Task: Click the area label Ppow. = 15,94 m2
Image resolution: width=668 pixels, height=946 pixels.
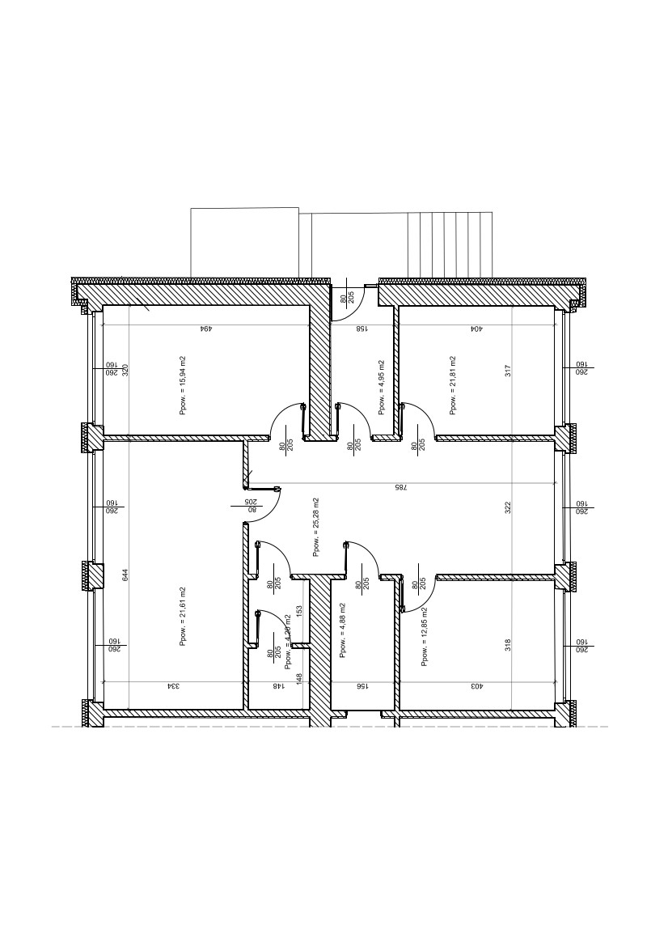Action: point(184,385)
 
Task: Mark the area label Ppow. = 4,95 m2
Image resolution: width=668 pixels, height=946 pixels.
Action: point(381,387)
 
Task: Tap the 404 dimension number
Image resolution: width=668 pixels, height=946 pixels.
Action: point(477,329)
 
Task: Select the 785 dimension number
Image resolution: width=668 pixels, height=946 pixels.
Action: point(400,487)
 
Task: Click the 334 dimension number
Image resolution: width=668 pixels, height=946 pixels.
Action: point(173,686)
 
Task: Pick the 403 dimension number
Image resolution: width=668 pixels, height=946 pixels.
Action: point(477,686)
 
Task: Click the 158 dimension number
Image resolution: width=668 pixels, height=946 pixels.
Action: point(363,329)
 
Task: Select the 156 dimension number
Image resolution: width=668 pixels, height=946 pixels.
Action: point(362,686)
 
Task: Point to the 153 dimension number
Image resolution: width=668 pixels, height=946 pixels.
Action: point(299,611)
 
